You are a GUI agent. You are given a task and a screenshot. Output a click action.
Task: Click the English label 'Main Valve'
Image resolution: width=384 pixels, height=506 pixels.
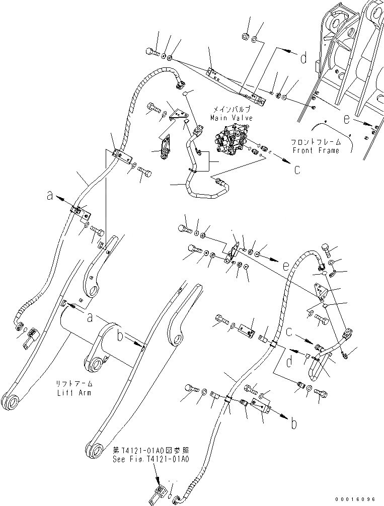(x=231, y=118)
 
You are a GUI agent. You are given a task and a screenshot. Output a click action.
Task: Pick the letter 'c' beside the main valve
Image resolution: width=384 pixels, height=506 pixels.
(x=297, y=169)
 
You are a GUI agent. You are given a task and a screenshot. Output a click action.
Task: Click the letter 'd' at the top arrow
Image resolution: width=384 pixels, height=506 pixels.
(x=303, y=59)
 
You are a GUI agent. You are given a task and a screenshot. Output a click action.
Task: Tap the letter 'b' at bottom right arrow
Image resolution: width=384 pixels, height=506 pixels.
(x=294, y=424)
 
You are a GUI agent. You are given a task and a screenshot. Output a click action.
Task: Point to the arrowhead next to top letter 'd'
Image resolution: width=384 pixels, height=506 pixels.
(x=290, y=51)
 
